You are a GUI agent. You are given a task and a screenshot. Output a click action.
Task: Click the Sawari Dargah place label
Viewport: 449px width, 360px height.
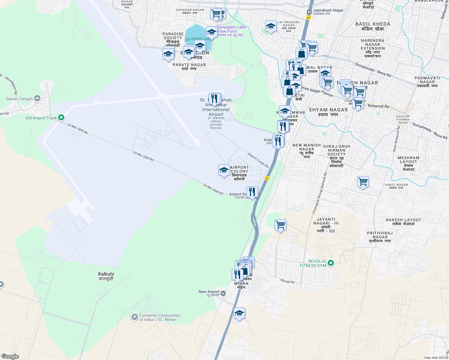[19, 99]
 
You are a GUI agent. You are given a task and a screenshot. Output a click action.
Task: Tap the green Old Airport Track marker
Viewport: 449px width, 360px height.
[61, 118]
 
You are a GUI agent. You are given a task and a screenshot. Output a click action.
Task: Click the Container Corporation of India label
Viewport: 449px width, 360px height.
[160, 317]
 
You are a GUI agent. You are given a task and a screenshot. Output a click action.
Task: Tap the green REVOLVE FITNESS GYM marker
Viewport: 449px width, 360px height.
[331, 263]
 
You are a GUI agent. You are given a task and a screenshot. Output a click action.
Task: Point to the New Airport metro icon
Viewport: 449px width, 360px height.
[223, 293]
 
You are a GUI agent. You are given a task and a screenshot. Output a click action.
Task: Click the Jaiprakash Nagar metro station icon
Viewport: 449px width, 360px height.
[309, 12]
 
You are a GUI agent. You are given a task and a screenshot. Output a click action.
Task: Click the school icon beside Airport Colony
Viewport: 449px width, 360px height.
[224, 170]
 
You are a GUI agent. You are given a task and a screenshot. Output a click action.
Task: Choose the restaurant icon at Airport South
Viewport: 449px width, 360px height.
[252, 192]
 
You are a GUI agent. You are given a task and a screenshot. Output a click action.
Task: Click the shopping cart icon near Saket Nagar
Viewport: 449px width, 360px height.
[363, 181]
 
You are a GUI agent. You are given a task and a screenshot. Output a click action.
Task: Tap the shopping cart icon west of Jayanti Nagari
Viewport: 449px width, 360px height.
[280, 224]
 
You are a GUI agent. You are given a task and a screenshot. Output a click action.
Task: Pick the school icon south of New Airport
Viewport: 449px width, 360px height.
[239, 313]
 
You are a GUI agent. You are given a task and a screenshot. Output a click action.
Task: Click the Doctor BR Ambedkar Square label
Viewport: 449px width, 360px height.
[403, 119]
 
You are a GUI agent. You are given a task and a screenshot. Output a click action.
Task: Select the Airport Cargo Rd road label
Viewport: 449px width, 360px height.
[258, 160]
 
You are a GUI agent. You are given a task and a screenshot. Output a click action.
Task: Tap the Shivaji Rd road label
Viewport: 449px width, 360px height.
[287, 281]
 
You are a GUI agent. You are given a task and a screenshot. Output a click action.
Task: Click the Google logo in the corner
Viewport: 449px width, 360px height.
[10, 356]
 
